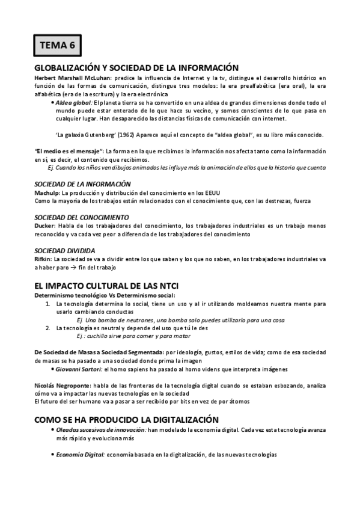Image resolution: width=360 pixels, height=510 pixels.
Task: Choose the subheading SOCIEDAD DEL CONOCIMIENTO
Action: click(x=81, y=217)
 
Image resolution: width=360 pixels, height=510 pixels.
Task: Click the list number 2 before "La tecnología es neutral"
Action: click(x=48, y=328)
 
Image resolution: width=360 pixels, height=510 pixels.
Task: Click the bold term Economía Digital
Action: click(x=81, y=455)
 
